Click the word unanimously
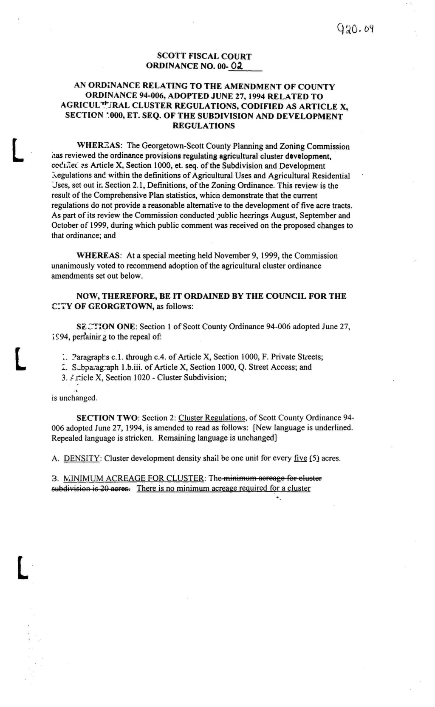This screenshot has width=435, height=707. point(75,266)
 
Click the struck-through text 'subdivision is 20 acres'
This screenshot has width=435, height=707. point(91,488)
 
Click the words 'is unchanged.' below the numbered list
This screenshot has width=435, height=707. point(75,398)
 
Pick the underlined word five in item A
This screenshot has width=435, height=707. point(300,458)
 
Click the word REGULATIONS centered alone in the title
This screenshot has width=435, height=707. point(203,126)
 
